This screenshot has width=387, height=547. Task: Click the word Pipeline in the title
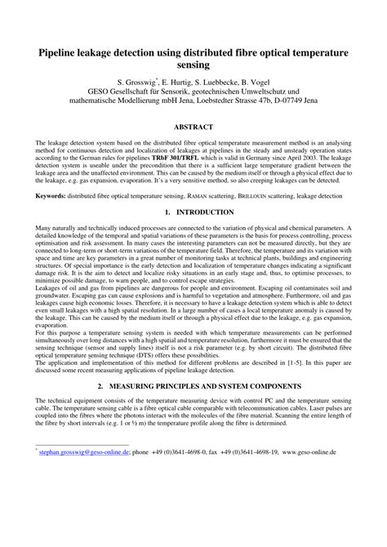52,51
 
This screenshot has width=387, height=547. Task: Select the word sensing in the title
193,64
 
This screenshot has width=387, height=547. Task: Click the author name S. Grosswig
141,82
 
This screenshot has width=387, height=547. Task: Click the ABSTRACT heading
193,127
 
